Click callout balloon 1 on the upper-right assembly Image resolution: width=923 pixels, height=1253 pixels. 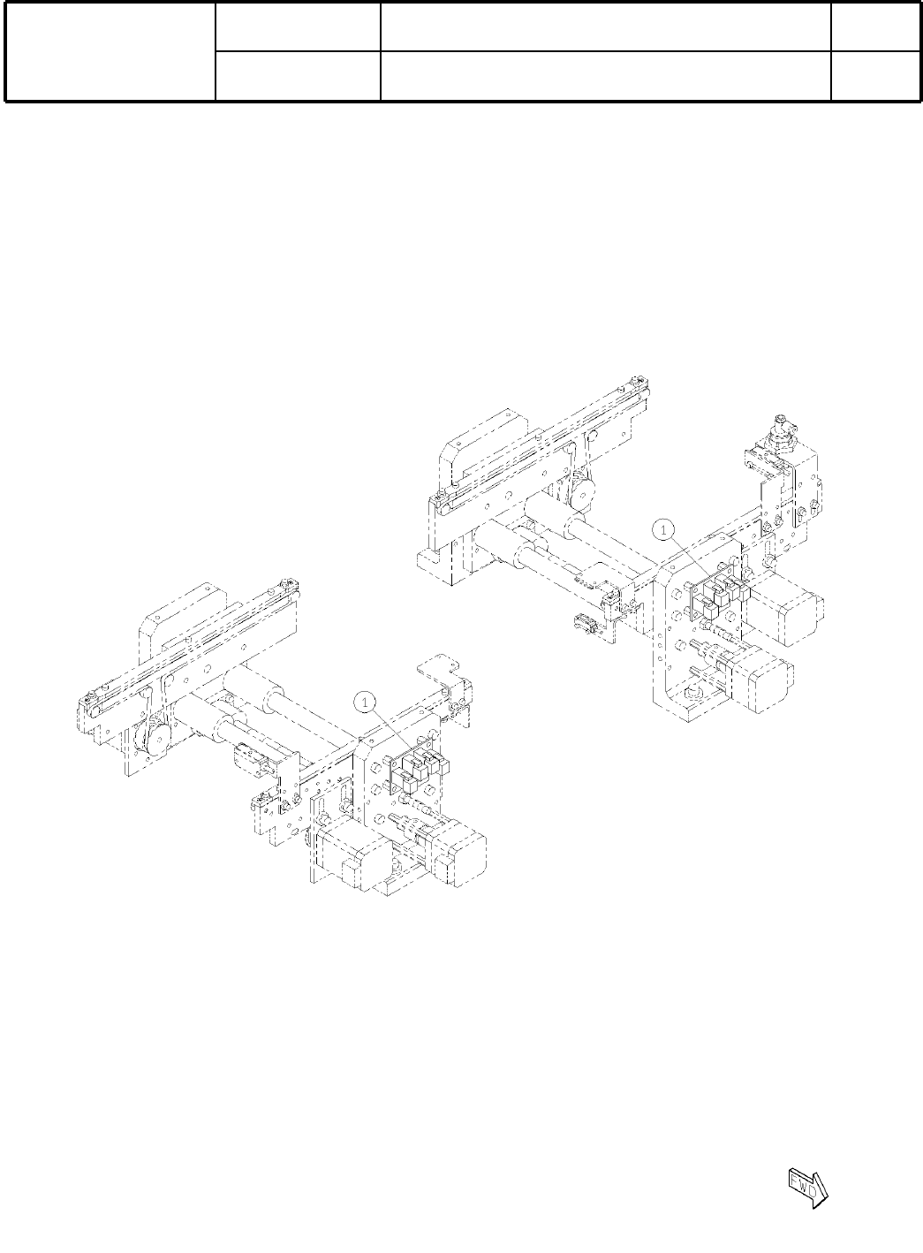[663, 530]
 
